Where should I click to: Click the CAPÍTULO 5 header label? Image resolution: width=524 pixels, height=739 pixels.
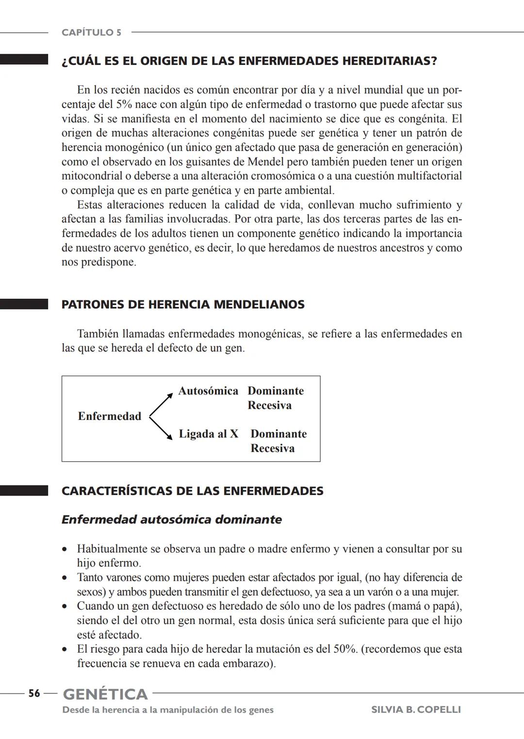(x=91, y=32)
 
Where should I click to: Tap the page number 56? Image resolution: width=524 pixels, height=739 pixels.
(x=34, y=693)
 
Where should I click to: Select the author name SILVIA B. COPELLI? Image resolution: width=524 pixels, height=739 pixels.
(x=416, y=709)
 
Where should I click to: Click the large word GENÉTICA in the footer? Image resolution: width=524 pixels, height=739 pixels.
(x=105, y=694)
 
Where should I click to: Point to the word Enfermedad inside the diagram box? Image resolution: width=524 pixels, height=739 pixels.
(x=110, y=416)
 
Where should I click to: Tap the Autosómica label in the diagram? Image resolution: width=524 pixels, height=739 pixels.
(x=208, y=391)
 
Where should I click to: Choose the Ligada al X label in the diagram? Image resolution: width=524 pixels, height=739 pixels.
(x=209, y=434)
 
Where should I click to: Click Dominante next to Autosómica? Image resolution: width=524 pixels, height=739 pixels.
(x=276, y=391)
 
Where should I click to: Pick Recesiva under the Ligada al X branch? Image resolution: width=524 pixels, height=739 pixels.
(x=272, y=448)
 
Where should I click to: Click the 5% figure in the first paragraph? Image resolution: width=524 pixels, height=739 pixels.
(x=125, y=104)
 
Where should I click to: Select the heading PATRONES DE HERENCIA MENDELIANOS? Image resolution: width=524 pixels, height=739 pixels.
(x=183, y=305)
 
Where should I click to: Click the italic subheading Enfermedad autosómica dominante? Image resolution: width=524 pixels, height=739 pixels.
(x=171, y=519)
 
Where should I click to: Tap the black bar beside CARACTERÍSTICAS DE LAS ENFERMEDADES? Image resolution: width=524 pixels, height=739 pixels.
(x=24, y=491)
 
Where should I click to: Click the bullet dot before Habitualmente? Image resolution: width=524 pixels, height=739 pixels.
(x=65, y=549)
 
